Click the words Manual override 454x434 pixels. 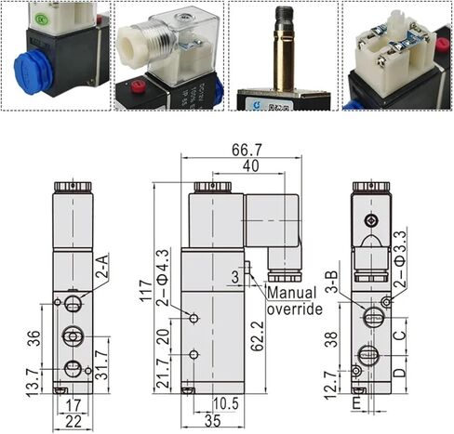click(296, 299)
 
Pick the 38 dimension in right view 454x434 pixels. click(330, 342)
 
